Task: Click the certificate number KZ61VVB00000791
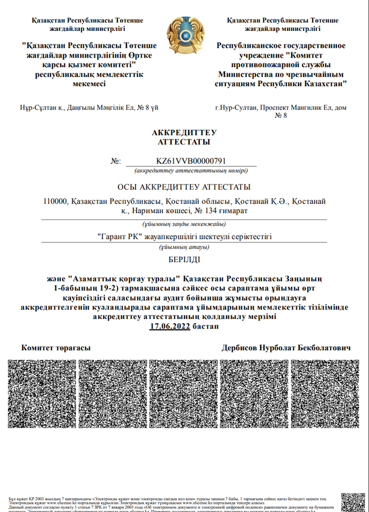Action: click(190, 161)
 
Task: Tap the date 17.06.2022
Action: click(170, 327)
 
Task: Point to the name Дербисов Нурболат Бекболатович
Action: click(286, 348)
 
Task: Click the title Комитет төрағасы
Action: click(55, 348)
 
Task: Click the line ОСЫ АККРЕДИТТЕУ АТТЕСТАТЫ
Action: click(184, 187)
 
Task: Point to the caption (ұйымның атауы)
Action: click(184, 247)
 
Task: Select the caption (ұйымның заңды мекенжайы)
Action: click(184, 224)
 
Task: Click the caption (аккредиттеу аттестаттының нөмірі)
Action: click(191, 171)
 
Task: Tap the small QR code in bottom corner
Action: click(353, 502)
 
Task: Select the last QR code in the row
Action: click(325, 394)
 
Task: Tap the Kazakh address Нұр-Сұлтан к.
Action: click(88, 107)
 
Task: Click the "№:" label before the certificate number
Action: click(116, 162)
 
